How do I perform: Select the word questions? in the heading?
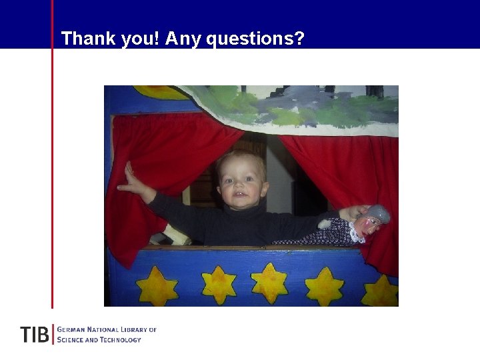click(255, 39)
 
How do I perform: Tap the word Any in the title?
click(183, 39)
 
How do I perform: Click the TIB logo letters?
click(34, 335)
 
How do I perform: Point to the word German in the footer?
click(72, 330)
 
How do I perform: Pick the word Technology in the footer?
click(121, 340)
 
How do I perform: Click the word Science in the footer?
click(72, 340)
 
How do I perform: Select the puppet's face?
click(369, 225)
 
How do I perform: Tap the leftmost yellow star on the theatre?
click(157, 287)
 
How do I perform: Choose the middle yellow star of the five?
click(269, 282)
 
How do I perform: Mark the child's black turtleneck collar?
click(243, 213)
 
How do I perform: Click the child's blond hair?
click(240, 160)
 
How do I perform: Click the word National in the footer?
click(102, 330)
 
